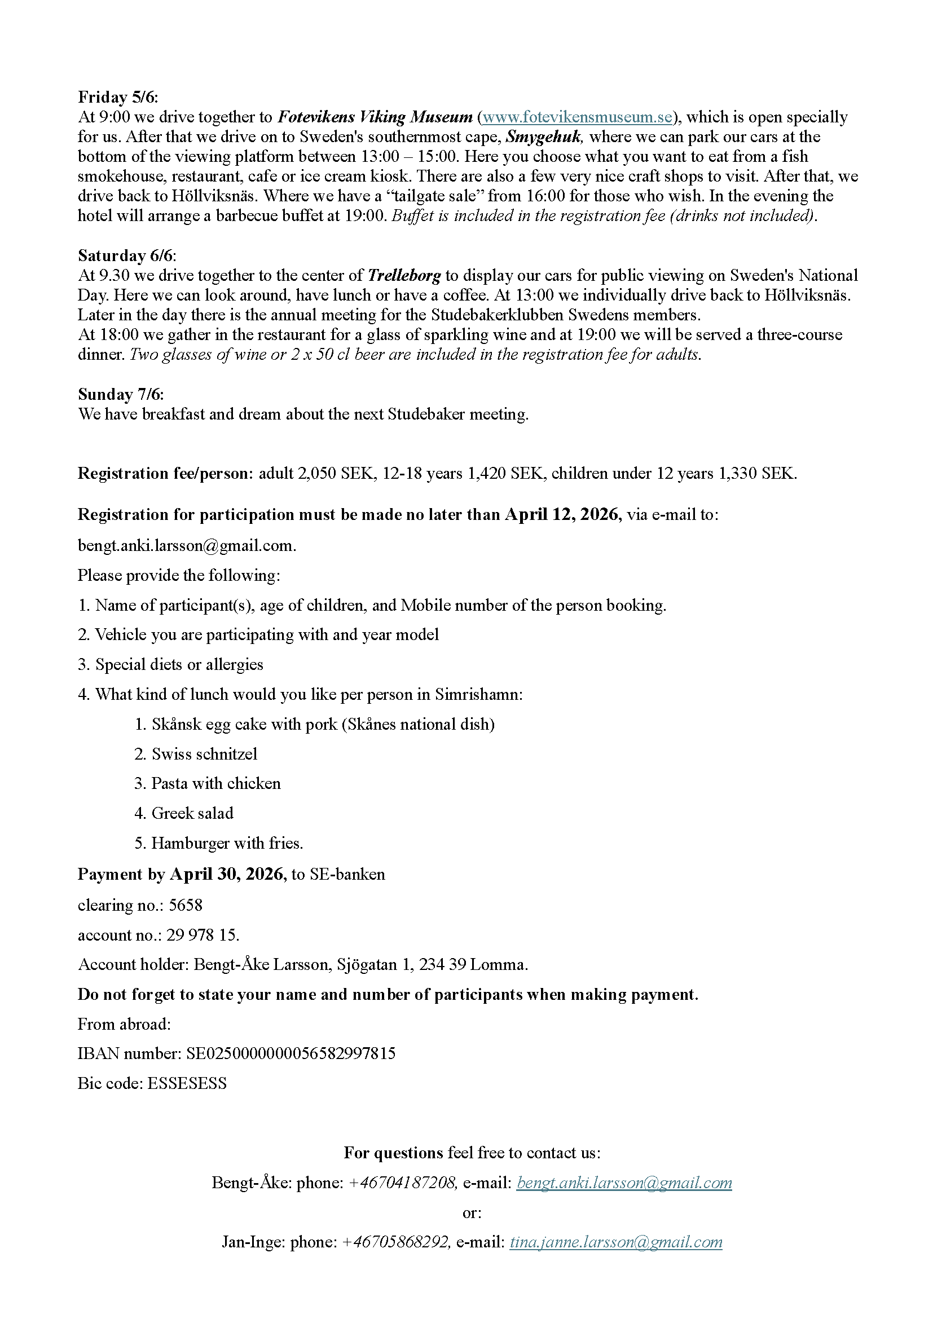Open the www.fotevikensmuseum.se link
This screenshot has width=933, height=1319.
[577, 117]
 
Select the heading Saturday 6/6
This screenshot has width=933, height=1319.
[127, 255]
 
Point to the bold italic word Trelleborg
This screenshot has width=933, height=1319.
[404, 276]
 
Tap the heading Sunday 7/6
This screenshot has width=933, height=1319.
[121, 394]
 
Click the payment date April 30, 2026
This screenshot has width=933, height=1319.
[227, 875]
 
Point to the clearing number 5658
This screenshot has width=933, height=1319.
[186, 906]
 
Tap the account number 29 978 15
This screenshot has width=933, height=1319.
[203, 934]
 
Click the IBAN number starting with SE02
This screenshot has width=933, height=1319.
[291, 1053]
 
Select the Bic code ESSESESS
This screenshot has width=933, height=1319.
[187, 1083]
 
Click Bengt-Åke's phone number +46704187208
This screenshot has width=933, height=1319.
[403, 1183]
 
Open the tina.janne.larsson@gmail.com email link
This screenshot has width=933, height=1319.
[616, 1242]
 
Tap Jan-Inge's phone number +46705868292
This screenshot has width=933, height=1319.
[396, 1242]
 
